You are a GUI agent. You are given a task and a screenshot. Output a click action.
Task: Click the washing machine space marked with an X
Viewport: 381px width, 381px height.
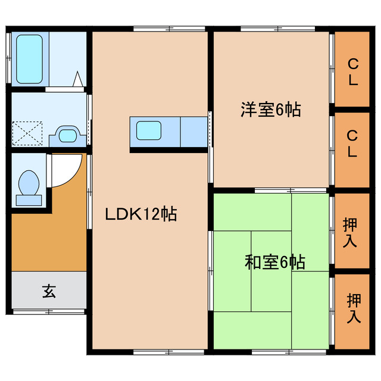click(x=27, y=132)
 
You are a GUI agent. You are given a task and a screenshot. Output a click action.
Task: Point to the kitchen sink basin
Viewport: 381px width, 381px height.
click(x=148, y=130)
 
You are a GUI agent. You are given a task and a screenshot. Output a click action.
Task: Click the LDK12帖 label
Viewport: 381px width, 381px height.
click(x=141, y=214)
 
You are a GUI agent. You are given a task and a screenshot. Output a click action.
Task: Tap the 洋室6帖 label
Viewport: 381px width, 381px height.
click(x=270, y=110)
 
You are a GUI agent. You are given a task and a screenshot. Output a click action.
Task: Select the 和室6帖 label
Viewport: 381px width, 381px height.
click(x=274, y=262)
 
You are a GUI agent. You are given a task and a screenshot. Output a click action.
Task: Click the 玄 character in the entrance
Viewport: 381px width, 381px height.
click(x=49, y=291)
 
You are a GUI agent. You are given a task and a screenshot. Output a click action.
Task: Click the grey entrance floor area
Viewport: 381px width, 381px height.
click(x=49, y=292)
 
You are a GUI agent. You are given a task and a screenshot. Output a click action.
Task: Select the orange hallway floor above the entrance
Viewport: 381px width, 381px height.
click(x=49, y=238)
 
